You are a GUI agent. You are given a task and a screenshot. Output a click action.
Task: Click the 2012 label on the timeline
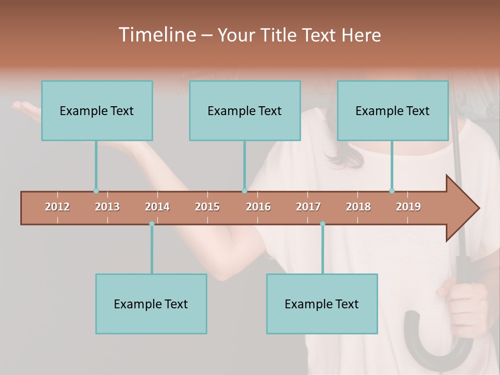(x=57, y=207)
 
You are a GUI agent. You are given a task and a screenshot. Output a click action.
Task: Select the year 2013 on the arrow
(x=107, y=207)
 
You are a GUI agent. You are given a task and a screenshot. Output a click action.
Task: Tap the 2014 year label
(x=157, y=207)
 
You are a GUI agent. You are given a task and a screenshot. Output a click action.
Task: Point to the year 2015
(x=207, y=207)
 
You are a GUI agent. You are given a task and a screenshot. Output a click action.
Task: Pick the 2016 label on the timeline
(x=258, y=207)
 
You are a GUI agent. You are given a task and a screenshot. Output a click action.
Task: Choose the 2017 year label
(x=308, y=207)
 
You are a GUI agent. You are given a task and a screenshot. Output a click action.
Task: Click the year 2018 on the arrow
(x=358, y=207)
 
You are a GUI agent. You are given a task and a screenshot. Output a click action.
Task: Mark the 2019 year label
(x=408, y=207)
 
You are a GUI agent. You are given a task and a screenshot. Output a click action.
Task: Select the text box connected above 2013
(x=97, y=110)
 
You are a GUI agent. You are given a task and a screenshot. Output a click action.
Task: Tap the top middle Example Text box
(x=245, y=110)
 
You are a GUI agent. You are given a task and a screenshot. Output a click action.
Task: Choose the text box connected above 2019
(x=393, y=110)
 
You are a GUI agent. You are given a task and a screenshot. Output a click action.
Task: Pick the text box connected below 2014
(x=151, y=304)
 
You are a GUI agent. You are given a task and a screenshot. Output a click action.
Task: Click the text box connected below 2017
(x=322, y=304)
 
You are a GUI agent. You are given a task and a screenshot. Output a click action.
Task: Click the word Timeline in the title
(x=157, y=35)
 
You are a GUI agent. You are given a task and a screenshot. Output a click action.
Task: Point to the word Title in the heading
(x=281, y=35)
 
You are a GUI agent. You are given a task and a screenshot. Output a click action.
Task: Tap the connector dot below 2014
(x=152, y=223)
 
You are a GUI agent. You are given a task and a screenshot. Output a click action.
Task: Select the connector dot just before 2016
(x=244, y=191)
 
